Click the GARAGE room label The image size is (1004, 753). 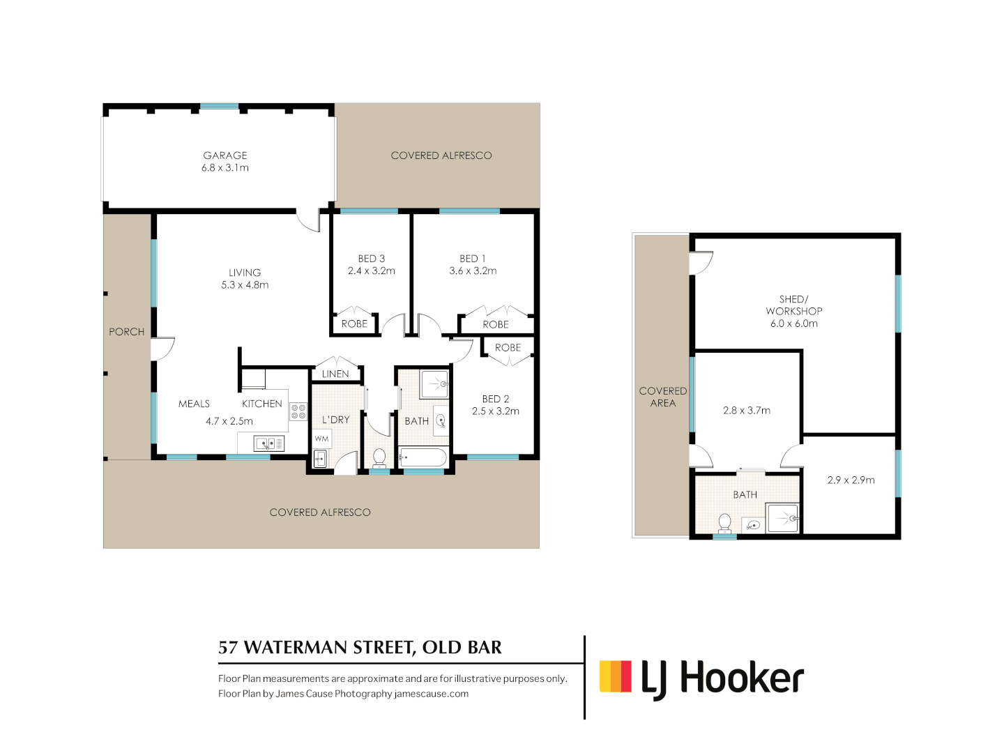[x=225, y=155]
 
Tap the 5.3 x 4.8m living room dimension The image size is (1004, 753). [x=245, y=284]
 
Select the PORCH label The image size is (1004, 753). [x=126, y=332]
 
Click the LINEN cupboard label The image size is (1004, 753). [x=335, y=374]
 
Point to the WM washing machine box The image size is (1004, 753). [x=321, y=439]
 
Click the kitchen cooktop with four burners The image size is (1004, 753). [x=298, y=411]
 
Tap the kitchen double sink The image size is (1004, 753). [x=268, y=443]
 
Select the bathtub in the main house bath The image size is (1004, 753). [x=423, y=458]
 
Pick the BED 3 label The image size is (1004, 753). [x=372, y=259]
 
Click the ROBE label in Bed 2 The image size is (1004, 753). [x=508, y=347]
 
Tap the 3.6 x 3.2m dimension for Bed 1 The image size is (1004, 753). [x=473, y=271]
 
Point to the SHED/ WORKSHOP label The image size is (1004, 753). [x=794, y=305]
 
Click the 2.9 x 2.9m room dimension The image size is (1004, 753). [x=851, y=480]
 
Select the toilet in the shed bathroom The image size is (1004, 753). [x=724, y=522]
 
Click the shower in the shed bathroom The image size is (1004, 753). [x=783, y=519]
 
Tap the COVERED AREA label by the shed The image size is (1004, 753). [x=662, y=397]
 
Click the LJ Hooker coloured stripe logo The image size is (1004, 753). [x=616, y=676]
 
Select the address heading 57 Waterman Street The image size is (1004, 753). [x=360, y=647]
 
